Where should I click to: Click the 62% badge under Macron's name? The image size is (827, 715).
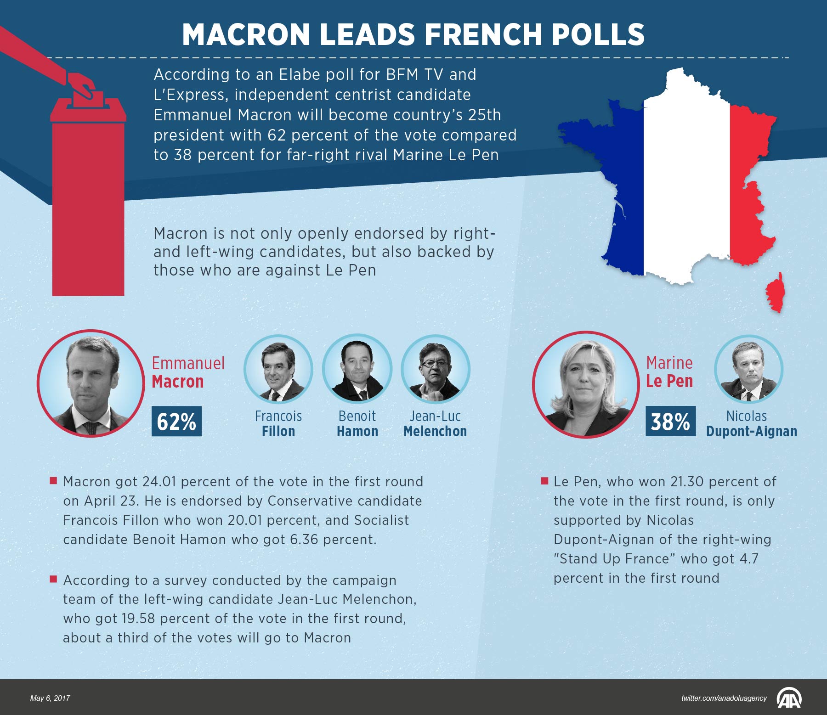point(176,421)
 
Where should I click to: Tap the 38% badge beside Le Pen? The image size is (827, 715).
point(670,421)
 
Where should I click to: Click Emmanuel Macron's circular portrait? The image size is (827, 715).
point(91,383)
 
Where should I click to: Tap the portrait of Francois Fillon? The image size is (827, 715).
point(278,369)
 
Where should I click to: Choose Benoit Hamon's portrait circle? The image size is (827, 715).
point(357,369)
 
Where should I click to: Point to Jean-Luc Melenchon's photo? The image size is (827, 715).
point(436,369)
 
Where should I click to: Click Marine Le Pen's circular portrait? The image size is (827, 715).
point(586,384)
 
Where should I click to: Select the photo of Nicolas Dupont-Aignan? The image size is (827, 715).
point(748,369)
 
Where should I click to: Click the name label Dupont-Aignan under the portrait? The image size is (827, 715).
point(751,431)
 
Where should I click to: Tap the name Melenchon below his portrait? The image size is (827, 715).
point(435,431)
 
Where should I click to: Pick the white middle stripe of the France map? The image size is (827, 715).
point(686,184)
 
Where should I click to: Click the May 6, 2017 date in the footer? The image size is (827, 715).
point(50,698)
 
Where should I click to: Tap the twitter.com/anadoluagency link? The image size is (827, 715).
point(724,698)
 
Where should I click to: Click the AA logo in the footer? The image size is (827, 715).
point(789,698)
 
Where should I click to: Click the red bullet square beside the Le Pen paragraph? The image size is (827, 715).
point(545,481)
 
